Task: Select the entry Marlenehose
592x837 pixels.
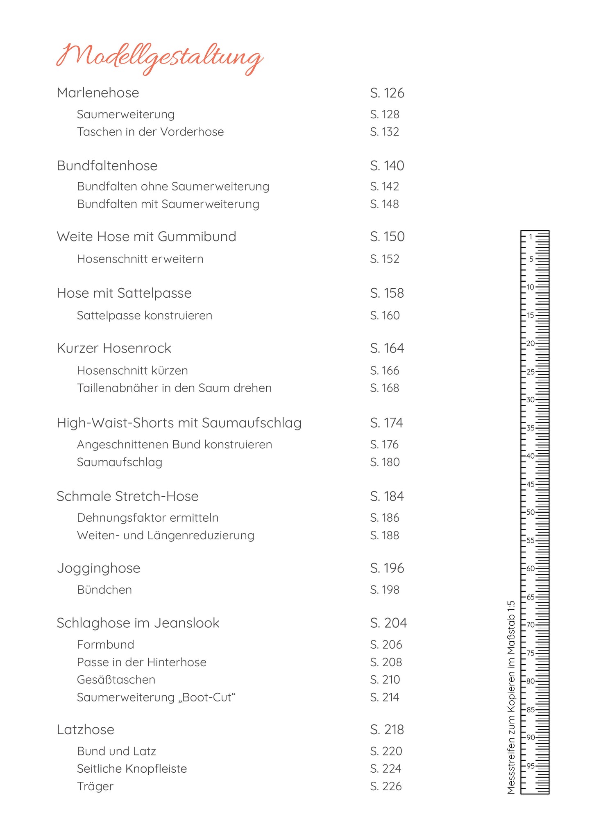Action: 98,93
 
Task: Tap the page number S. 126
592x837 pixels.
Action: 387,93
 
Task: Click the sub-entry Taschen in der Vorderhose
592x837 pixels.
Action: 150,132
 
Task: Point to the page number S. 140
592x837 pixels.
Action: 387,166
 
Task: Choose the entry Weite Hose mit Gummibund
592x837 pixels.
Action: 146,237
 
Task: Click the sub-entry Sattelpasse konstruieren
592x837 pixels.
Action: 145,316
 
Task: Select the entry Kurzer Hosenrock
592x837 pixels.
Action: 114,348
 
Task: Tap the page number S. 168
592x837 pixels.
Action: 384,388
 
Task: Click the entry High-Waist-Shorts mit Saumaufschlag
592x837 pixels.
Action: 179,423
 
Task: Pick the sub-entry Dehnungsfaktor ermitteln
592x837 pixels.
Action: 147,518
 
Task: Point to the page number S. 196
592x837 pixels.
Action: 387,568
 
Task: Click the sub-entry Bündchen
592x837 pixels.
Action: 104,590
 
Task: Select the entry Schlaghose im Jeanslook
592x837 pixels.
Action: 138,623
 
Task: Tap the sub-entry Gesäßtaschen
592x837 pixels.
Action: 116,680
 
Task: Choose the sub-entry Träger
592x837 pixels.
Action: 95,786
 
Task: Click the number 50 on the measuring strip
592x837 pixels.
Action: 531,512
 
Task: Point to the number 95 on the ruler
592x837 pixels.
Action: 531,766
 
